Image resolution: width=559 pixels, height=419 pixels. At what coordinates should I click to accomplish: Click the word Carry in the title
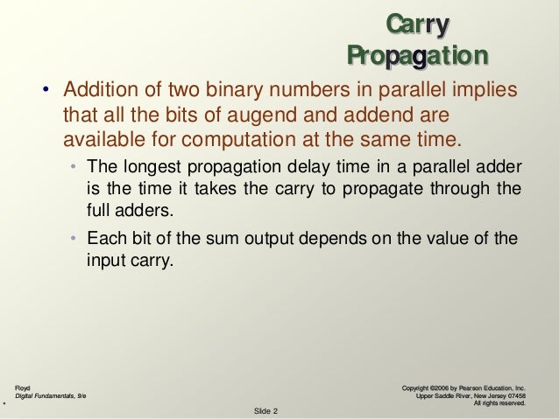(x=418, y=23)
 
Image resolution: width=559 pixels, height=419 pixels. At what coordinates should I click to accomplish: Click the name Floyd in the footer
(x=23, y=386)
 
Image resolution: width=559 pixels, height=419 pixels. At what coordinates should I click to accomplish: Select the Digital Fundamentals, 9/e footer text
(x=51, y=395)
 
